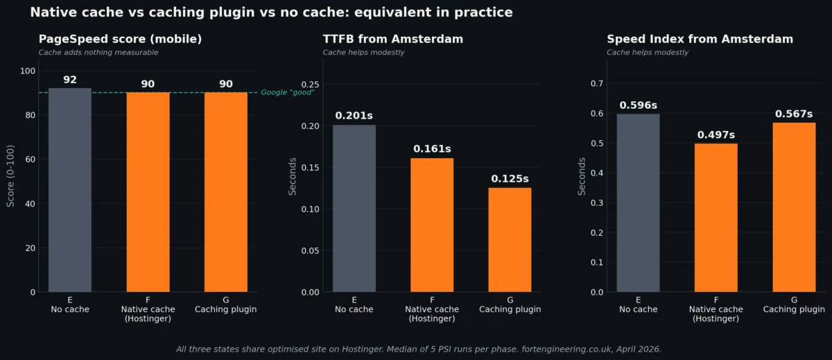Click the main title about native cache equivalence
point(271,12)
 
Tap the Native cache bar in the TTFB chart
point(432,225)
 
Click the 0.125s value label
point(510,179)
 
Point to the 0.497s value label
point(716,135)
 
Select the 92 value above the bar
point(70,80)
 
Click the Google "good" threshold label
point(287,92)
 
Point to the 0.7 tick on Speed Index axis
point(596,83)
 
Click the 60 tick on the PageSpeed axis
point(31,159)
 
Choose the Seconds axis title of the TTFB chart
point(293,176)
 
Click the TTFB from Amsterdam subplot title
point(392,40)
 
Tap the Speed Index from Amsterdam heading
point(700,40)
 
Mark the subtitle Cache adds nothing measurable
point(98,53)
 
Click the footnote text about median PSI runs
point(419,349)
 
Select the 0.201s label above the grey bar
point(354,116)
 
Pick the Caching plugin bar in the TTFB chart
point(510,239)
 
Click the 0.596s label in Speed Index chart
point(638,105)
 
